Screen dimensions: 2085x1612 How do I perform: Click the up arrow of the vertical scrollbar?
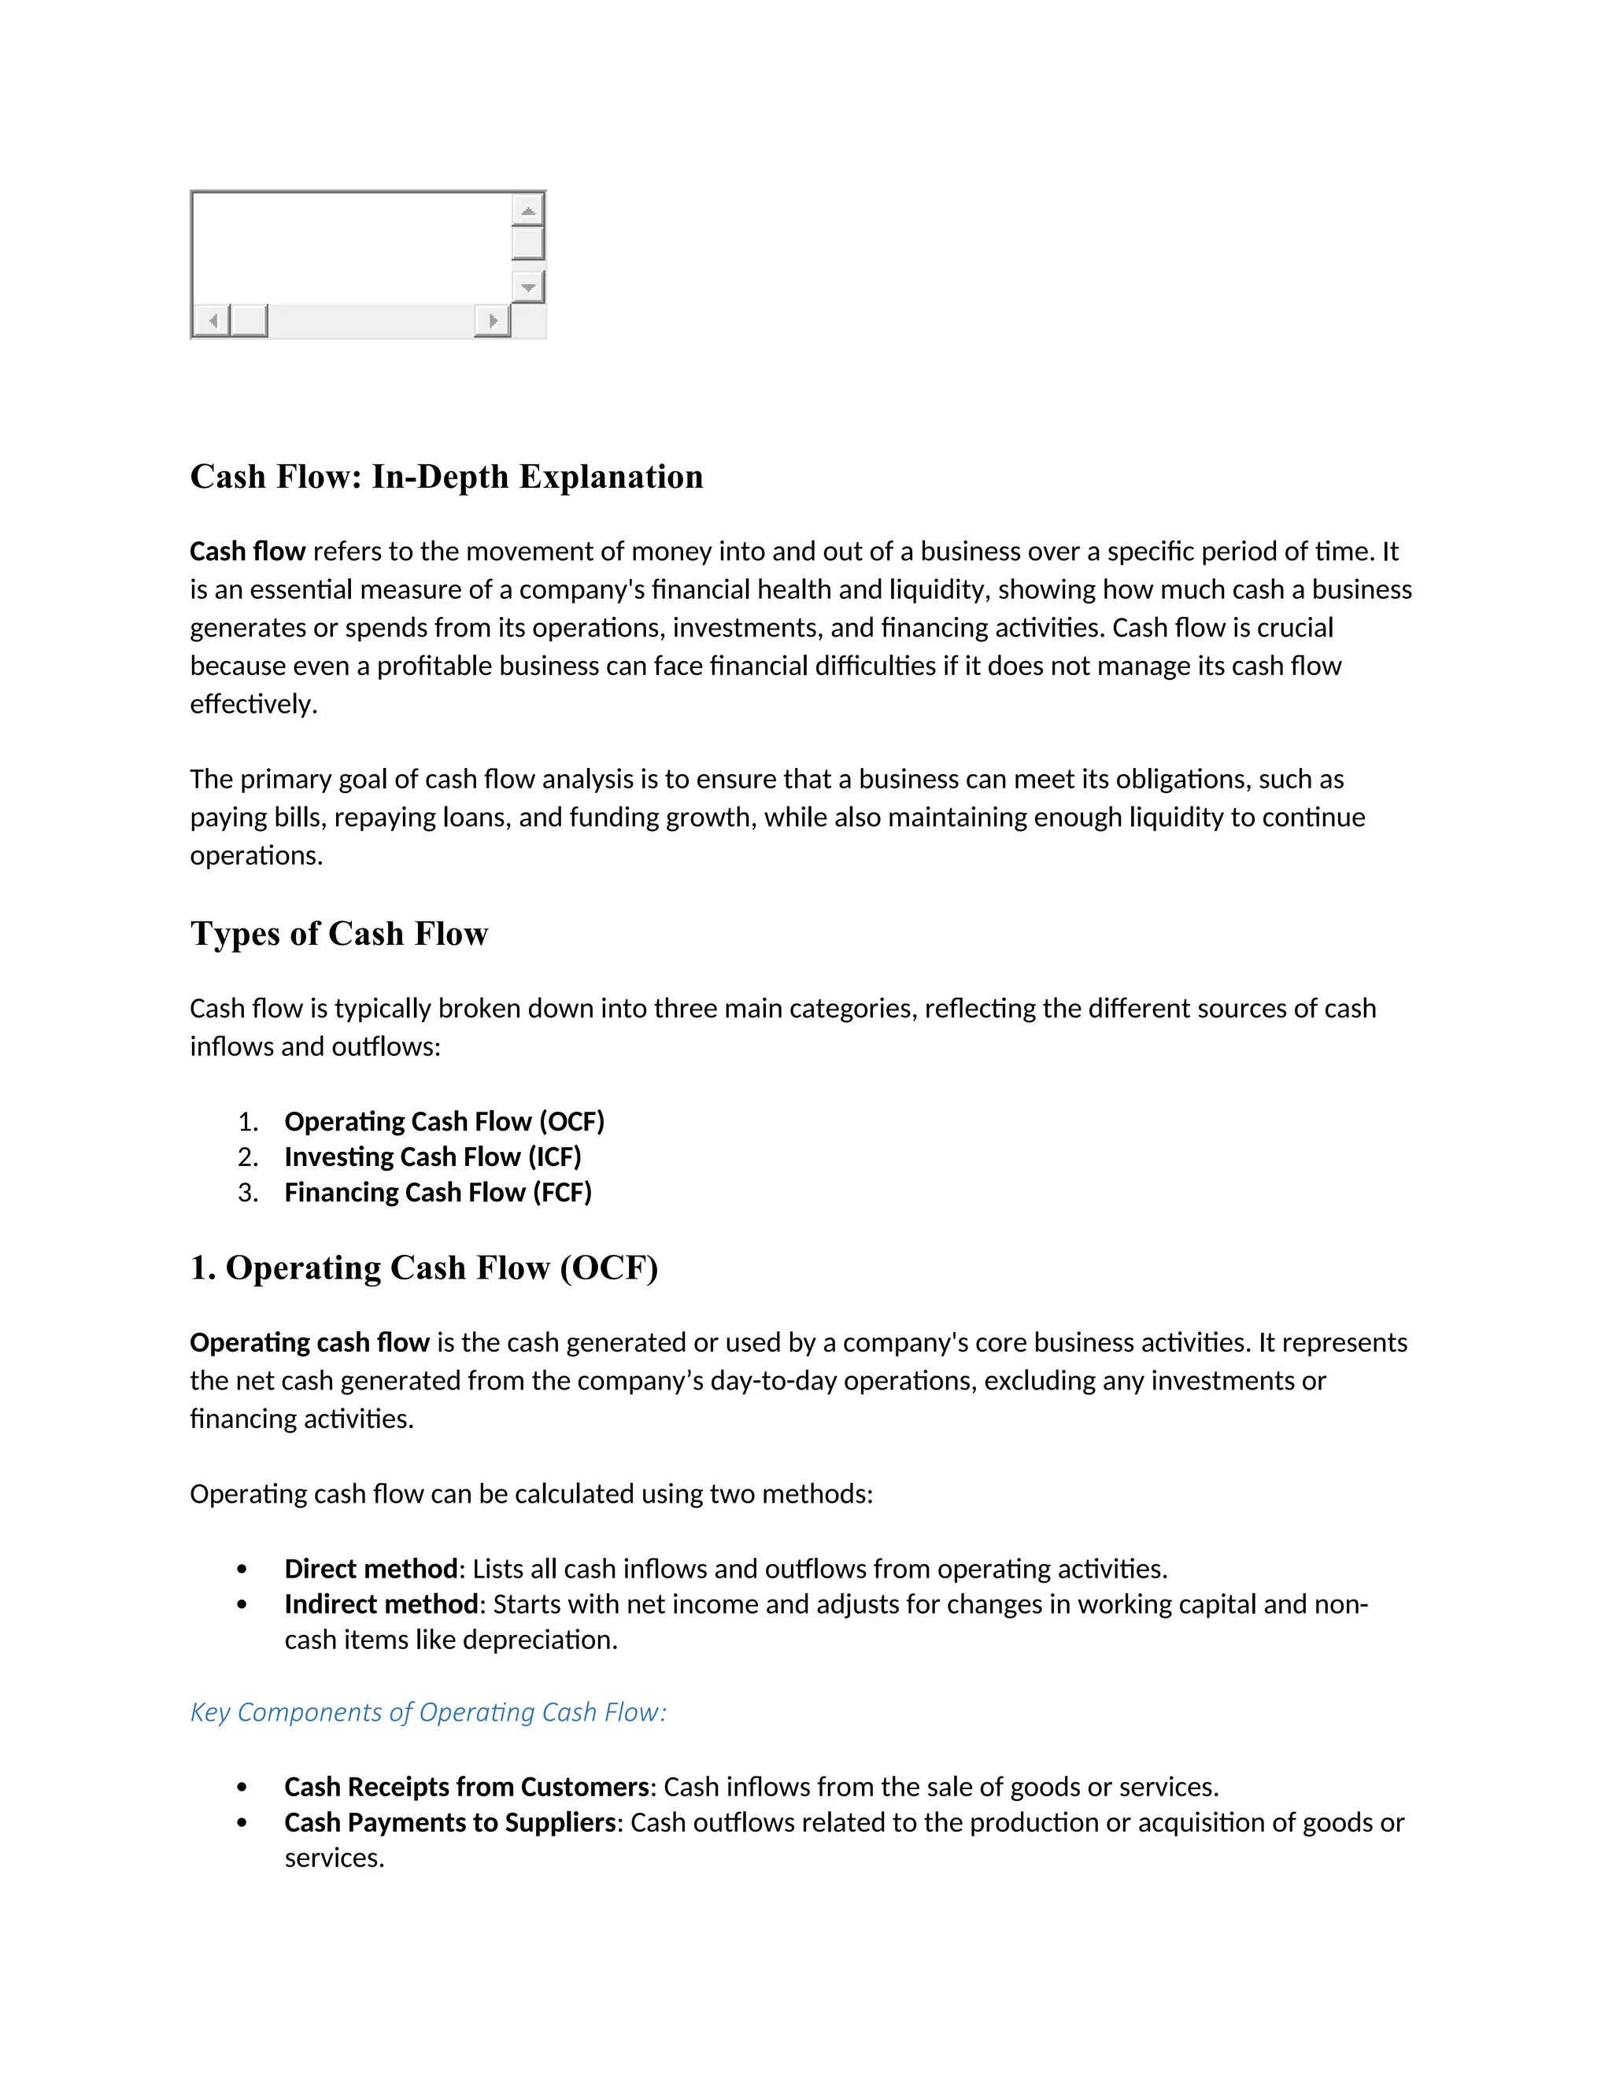tap(528, 209)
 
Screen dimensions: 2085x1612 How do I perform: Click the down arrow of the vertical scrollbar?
tap(528, 286)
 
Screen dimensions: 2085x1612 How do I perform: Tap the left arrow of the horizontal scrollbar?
tap(212, 321)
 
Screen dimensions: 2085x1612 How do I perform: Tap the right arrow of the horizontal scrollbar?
tap(493, 321)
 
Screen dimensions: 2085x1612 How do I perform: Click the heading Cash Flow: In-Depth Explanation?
tap(446, 476)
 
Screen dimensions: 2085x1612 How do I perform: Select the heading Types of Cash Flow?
tap(339, 934)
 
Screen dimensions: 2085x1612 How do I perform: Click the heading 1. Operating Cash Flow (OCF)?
tap(424, 1268)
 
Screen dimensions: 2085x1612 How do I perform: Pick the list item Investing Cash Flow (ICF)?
tap(433, 1157)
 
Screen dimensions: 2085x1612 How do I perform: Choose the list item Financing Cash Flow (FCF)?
tap(438, 1192)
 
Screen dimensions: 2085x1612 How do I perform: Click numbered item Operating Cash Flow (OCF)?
tap(444, 1122)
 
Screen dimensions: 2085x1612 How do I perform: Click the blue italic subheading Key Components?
tap(428, 1713)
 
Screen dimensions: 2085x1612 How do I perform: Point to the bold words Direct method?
tap(371, 1570)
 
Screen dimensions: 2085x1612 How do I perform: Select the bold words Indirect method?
tap(381, 1605)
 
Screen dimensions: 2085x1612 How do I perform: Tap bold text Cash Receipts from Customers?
tap(466, 1787)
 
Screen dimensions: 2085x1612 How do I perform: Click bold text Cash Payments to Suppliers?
tap(449, 1822)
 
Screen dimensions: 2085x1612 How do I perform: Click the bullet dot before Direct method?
tap(242, 1570)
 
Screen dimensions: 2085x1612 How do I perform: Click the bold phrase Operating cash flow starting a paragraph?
tap(309, 1343)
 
